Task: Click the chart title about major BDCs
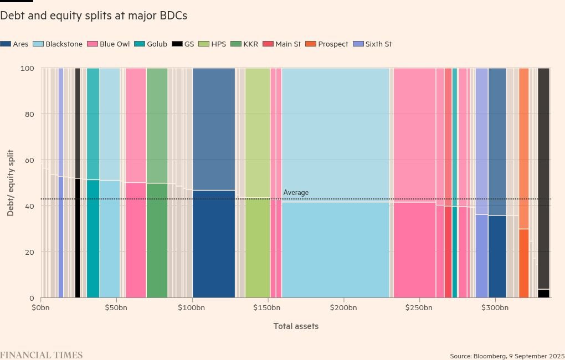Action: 94,16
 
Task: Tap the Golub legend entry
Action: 152,44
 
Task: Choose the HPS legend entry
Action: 213,44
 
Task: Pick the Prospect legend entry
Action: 329,44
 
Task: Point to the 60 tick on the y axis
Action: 29,160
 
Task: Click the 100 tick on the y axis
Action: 28,68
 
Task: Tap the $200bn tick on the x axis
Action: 344,307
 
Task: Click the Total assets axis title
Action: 296,326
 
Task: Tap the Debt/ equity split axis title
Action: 11,183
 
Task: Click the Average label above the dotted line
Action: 296,193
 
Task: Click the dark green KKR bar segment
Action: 157,240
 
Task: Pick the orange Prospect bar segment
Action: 523,263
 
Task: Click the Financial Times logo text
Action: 42,355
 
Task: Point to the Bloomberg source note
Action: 507,356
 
